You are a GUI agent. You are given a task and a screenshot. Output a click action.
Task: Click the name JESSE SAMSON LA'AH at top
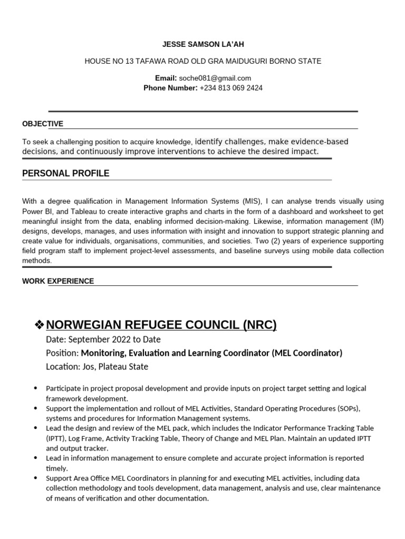tap(203, 44)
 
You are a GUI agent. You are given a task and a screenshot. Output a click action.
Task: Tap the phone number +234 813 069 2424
tap(231, 88)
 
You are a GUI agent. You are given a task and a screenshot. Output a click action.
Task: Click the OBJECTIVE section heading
tap(43, 124)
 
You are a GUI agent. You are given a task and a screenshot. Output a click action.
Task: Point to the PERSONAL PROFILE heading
tap(66, 173)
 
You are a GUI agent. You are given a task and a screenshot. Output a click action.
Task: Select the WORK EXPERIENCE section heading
tap(58, 281)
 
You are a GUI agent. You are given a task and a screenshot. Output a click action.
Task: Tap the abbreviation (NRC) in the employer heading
tap(259, 325)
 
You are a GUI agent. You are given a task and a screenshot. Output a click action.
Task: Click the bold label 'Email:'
tap(166, 78)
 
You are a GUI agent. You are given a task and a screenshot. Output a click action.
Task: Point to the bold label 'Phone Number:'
tap(170, 88)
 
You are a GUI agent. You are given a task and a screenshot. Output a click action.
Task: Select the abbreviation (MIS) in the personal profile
tap(252, 201)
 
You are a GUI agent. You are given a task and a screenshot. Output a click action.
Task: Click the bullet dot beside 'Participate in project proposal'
tap(35, 388)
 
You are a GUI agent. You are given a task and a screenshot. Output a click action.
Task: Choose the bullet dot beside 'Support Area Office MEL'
tap(35, 478)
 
